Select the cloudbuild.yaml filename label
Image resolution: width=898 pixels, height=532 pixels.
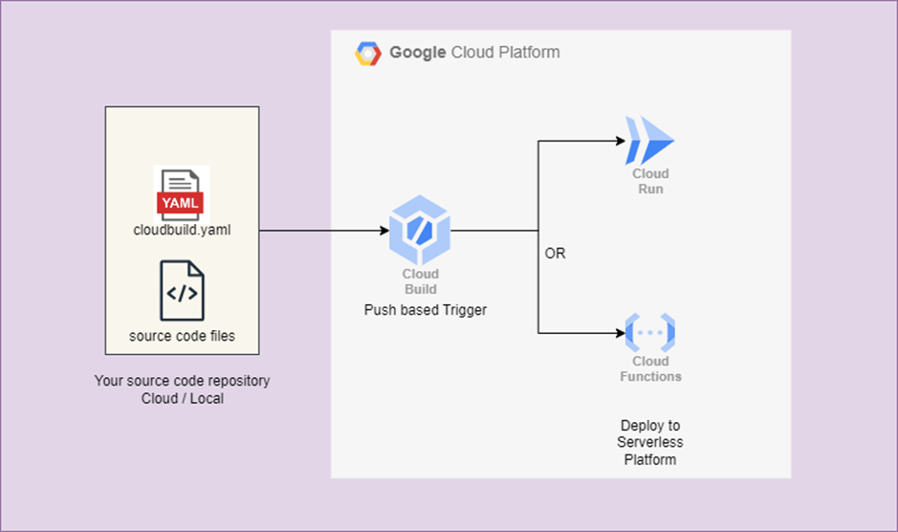tap(181, 230)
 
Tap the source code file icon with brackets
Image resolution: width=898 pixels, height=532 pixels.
tap(182, 290)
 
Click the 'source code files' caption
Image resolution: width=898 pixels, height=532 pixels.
tap(182, 336)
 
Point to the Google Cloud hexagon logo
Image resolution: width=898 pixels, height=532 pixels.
tap(368, 54)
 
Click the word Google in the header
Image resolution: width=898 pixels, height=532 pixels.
tap(417, 53)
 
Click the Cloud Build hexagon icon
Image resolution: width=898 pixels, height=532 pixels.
tap(419, 231)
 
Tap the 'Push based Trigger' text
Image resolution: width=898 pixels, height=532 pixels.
tap(426, 310)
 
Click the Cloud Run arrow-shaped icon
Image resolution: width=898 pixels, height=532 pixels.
tap(649, 142)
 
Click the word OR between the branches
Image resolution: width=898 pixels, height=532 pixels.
tap(555, 255)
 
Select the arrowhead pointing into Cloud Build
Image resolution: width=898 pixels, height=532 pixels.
tap(383, 231)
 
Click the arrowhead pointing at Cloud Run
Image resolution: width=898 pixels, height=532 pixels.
tap(618, 142)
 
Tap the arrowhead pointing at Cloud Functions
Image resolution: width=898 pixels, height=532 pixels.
tap(618, 333)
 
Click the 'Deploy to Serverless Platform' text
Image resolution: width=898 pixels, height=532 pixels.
tap(650, 442)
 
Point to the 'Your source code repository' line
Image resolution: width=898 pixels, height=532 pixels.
tap(182, 381)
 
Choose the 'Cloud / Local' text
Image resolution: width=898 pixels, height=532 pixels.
tap(182, 398)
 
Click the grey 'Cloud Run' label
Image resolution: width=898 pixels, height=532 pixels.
tap(650, 181)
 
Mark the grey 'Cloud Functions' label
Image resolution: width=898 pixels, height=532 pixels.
tap(650, 369)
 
